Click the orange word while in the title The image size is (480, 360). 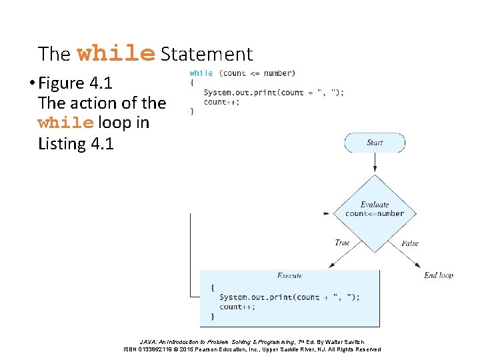(x=116, y=53)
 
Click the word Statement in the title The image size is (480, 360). (x=207, y=54)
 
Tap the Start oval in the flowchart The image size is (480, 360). (x=374, y=143)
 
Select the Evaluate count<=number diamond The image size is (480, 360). (x=374, y=209)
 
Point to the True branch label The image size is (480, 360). (x=342, y=243)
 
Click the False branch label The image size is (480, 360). (x=410, y=243)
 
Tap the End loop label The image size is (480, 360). (x=439, y=275)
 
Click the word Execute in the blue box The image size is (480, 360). (x=289, y=275)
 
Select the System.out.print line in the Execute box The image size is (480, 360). (x=289, y=297)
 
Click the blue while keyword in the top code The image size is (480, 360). (x=201, y=73)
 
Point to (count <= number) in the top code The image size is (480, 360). (x=257, y=73)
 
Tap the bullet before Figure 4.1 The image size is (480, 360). (x=31, y=84)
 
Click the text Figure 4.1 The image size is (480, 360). (x=75, y=83)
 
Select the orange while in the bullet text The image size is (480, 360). (x=66, y=123)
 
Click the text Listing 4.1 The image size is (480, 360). (x=76, y=143)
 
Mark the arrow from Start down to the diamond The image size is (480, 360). (x=374, y=162)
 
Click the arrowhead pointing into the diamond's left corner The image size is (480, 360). (x=326, y=213)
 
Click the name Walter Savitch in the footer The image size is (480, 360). (x=345, y=341)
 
